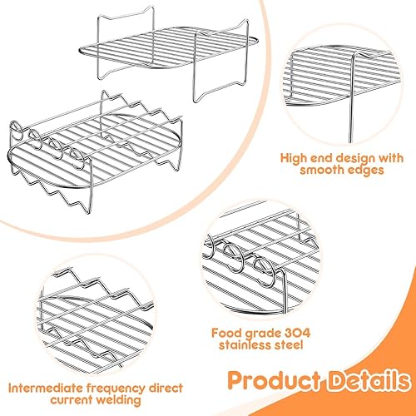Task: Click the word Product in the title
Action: click(274, 381)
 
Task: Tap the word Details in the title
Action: click(369, 380)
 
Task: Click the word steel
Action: click(289, 345)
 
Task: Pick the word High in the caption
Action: click(293, 159)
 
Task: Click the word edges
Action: click(366, 171)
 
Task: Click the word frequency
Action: click(116, 389)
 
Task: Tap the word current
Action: click(72, 400)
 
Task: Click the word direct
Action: click(166, 389)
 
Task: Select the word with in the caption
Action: click(391, 158)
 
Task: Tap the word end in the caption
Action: click(320, 159)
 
